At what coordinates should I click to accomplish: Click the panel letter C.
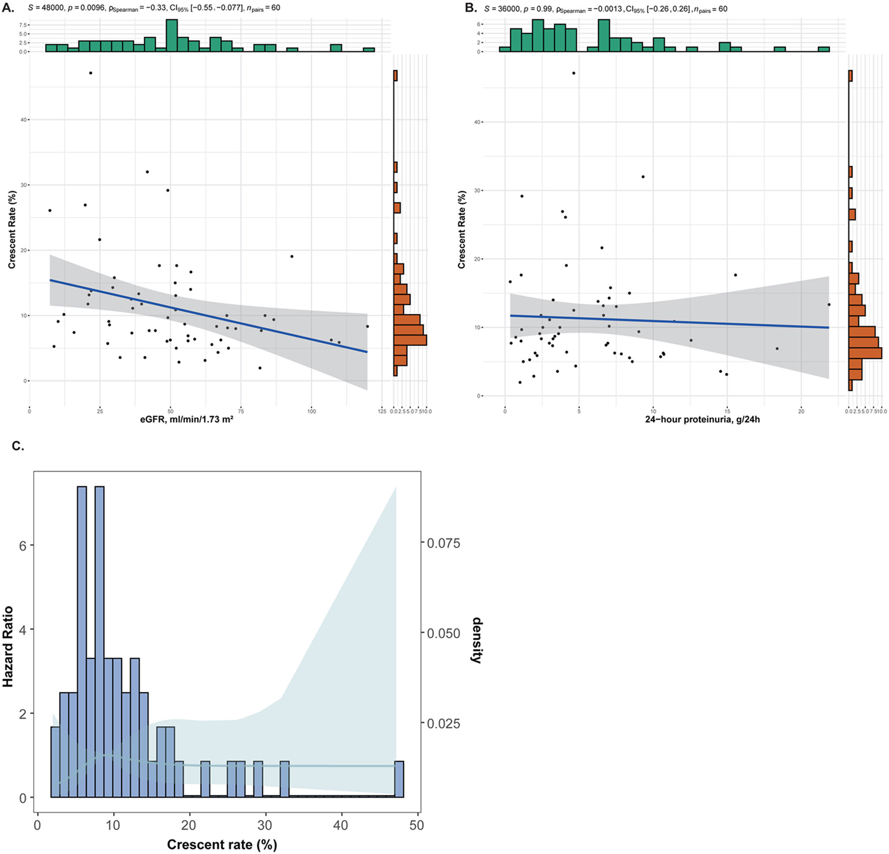pyautogui.click(x=18, y=446)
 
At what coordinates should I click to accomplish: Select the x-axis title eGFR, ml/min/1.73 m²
pyautogui.click(x=187, y=419)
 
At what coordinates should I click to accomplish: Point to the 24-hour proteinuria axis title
pyautogui.click(x=703, y=419)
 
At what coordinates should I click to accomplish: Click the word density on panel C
pyautogui.click(x=477, y=640)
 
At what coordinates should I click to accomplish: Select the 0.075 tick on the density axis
pyautogui.click(x=443, y=543)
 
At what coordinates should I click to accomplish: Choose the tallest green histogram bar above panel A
pyautogui.click(x=172, y=36)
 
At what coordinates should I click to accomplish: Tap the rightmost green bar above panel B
pyautogui.click(x=824, y=49)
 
